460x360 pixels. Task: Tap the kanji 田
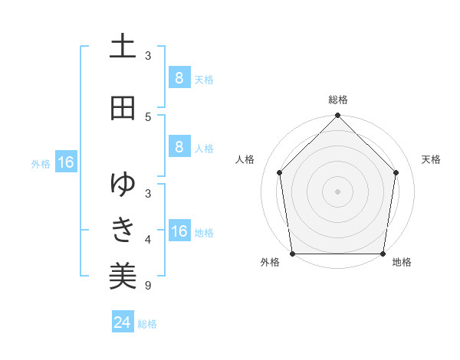(x=123, y=108)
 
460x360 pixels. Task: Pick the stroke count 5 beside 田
(x=148, y=116)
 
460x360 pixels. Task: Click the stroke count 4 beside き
(x=148, y=240)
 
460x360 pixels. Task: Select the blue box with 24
(x=122, y=322)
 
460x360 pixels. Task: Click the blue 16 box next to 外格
(x=66, y=162)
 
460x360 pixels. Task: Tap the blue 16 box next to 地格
(x=179, y=231)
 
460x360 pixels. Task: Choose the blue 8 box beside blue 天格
(x=179, y=78)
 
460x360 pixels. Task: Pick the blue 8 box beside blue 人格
(x=179, y=147)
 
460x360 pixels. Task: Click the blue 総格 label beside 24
(x=147, y=324)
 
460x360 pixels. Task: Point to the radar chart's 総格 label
(x=338, y=100)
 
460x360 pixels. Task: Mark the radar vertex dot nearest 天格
(x=396, y=172)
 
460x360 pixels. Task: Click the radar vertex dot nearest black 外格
(x=293, y=254)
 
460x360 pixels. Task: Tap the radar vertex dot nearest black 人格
(x=279, y=172)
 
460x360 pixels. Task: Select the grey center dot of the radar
(x=337, y=191)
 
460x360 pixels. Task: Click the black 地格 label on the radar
(x=402, y=263)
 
